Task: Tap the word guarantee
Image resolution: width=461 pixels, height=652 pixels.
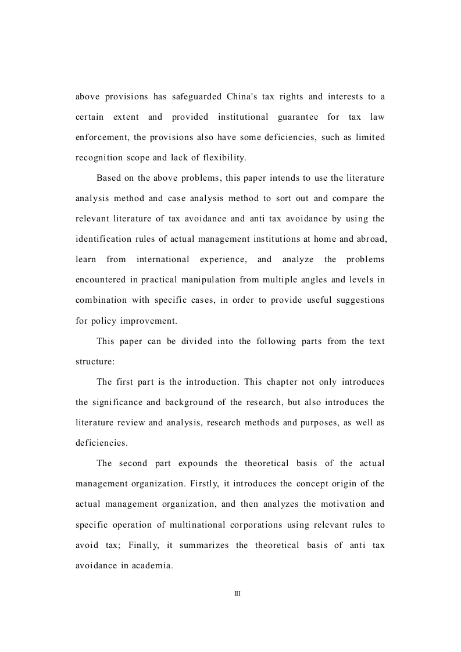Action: (x=298, y=117)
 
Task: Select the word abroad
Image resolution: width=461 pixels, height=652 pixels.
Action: (x=370, y=239)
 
